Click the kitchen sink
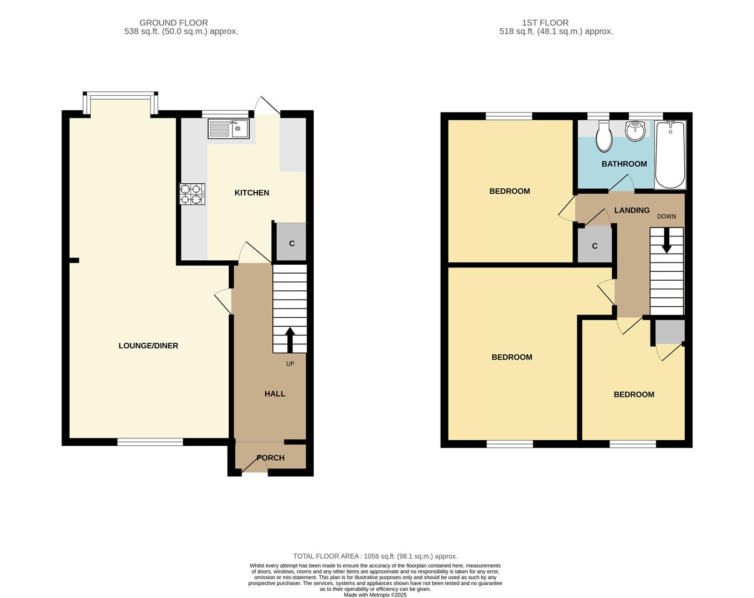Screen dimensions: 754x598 229,128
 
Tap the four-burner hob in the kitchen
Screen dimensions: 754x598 192,194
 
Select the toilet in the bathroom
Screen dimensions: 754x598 604,136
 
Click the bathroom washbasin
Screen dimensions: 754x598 635,131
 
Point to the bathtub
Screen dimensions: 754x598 670,155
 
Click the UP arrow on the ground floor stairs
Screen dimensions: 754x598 290,340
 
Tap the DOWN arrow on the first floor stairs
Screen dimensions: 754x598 667,240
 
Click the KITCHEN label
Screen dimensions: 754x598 251,193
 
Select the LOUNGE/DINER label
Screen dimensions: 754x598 148,346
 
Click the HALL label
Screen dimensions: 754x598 275,394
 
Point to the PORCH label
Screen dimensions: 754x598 271,458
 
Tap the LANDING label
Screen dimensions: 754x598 632,210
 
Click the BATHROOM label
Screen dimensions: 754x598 624,164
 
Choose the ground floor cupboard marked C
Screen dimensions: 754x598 291,242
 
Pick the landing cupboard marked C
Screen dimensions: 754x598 595,245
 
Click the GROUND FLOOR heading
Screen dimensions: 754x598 173,23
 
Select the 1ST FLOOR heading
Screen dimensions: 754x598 545,23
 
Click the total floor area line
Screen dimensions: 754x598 375,556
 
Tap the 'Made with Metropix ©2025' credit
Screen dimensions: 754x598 375,595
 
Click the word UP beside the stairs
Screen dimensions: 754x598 290,364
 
